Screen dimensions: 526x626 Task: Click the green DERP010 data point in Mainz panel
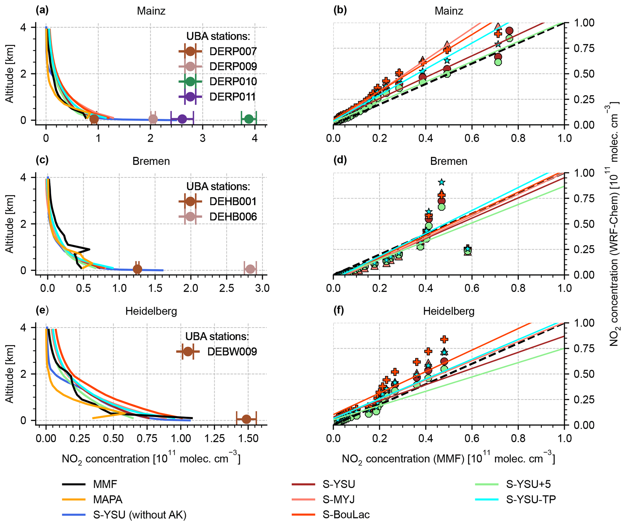(249, 119)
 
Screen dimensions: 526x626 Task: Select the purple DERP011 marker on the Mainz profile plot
(182, 119)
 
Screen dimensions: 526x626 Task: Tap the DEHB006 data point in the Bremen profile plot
(250, 269)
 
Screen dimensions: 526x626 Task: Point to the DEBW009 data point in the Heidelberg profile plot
(246, 419)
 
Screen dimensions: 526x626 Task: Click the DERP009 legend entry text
(233, 66)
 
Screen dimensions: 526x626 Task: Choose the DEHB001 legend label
(233, 201)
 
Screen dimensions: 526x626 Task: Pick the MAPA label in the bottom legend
(108, 499)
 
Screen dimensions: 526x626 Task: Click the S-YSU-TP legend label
(531, 499)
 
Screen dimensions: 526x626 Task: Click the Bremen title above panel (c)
(151, 161)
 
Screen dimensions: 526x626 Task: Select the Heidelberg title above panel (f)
(449, 311)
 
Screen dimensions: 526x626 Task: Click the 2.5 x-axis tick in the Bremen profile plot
(227, 288)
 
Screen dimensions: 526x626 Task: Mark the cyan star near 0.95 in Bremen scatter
(442, 182)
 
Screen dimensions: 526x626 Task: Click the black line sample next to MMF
(74, 484)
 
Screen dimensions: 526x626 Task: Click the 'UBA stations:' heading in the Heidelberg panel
(217, 336)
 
